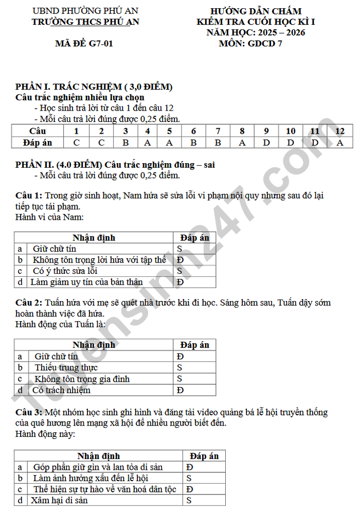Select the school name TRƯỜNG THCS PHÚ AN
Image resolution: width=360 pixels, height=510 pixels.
pos(85,22)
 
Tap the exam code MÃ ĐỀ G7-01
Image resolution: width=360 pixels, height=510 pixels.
pos(84,43)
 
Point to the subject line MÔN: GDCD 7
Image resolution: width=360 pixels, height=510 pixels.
pos(250,43)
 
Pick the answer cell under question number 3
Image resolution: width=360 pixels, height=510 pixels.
pos(125,143)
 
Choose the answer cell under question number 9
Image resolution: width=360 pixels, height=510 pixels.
pos(266,143)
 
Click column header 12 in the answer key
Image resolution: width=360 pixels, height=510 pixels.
pos(340,131)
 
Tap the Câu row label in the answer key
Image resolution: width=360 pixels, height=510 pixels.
pos(38,131)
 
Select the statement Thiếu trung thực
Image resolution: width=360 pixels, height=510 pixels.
pos(66,367)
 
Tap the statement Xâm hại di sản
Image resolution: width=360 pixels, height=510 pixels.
pos(59,500)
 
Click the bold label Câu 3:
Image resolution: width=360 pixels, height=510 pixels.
pos(29,412)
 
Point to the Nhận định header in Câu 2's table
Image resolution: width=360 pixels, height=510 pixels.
pos(94,345)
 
